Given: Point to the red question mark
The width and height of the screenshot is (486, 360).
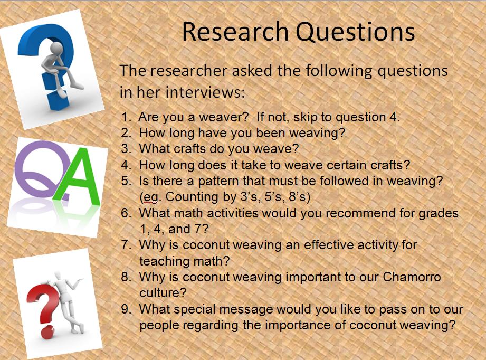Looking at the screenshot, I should tap(42, 301).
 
